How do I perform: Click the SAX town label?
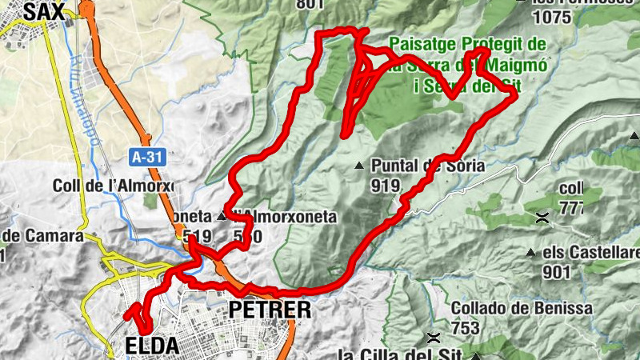(x=43, y=10)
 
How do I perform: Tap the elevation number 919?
(x=385, y=186)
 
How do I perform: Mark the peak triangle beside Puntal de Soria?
(x=359, y=166)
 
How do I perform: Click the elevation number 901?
(x=557, y=273)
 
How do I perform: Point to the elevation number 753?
(x=465, y=328)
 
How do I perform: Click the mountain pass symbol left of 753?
(x=434, y=337)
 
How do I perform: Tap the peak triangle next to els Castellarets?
(x=530, y=254)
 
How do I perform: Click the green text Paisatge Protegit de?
(x=468, y=44)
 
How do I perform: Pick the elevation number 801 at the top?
(x=310, y=4)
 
